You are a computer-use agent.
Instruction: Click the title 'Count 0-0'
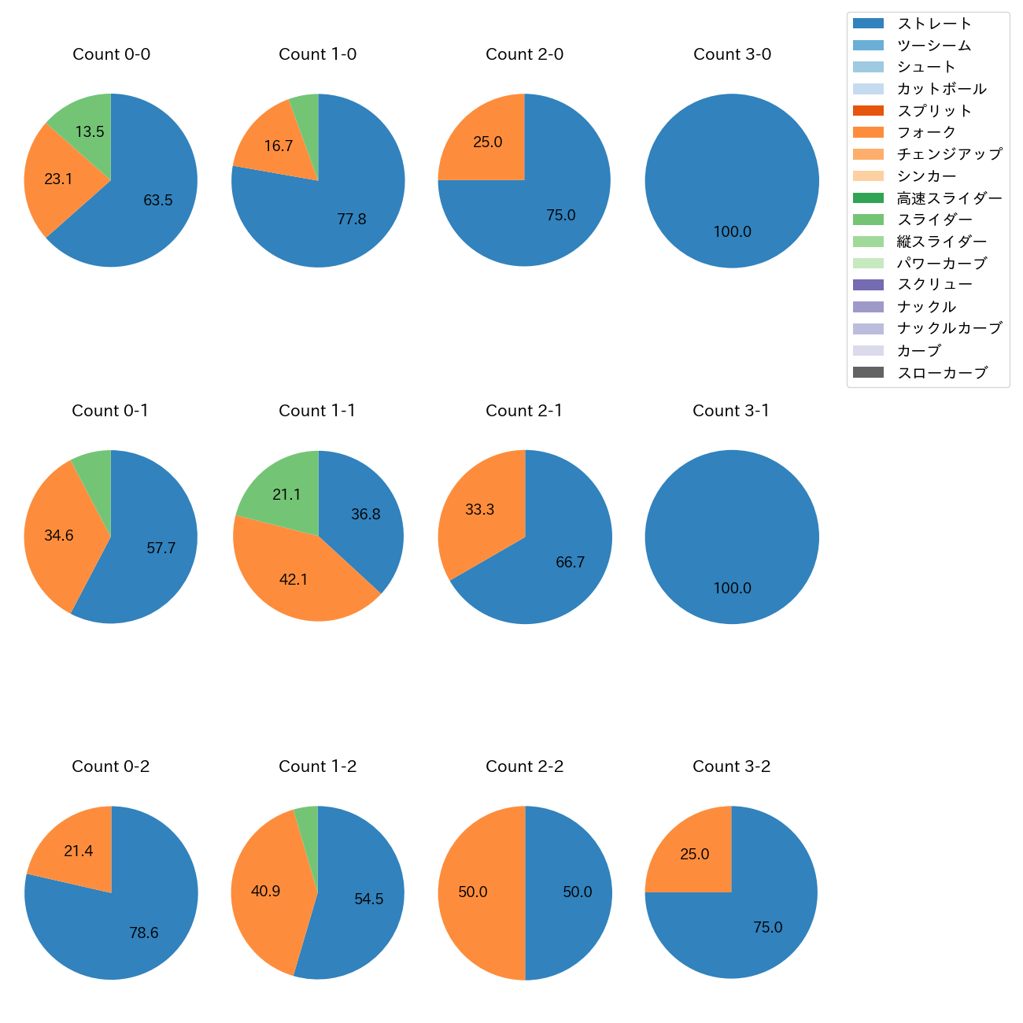111,54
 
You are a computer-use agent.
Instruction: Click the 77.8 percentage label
351,220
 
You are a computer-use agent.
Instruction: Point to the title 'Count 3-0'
732,54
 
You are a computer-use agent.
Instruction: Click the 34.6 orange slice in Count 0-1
59,535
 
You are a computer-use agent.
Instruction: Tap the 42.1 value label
294,580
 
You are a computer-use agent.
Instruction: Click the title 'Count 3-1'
731,411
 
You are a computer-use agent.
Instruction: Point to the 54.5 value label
368,899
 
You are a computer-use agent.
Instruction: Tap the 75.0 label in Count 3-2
767,928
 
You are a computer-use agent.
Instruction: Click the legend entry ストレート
934,24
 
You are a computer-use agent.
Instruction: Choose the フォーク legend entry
926,132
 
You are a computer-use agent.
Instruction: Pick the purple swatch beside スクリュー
868,285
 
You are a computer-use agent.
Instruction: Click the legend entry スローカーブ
942,373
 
